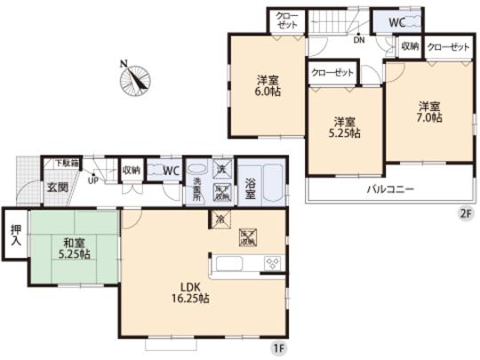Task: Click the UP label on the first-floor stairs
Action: (x=92, y=180)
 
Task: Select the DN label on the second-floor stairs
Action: (x=357, y=39)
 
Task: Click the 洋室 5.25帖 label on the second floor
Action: (x=344, y=126)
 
